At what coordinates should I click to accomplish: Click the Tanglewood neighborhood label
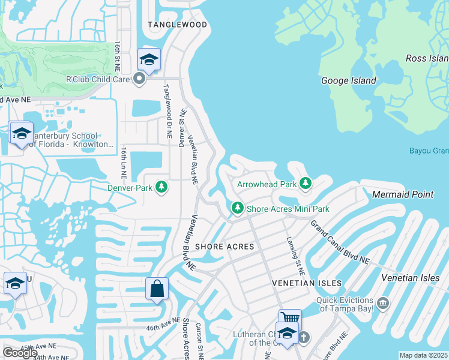tap(178, 25)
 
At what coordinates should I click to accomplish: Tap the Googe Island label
tap(349, 80)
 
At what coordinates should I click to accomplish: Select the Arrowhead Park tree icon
tap(306, 184)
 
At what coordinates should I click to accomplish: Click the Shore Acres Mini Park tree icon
tap(238, 209)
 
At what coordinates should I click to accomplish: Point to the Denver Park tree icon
tap(161, 188)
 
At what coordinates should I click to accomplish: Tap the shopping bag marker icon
tap(157, 289)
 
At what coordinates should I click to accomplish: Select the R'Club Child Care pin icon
tap(140, 79)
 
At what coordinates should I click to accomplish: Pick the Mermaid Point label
tap(402, 194)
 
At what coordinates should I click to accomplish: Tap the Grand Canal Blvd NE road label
tap(340, 242)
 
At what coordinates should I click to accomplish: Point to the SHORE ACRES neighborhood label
tap(224, 247)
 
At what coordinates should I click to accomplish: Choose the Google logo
tap(20, 353)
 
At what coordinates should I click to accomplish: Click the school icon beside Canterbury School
tap(22, 133)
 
